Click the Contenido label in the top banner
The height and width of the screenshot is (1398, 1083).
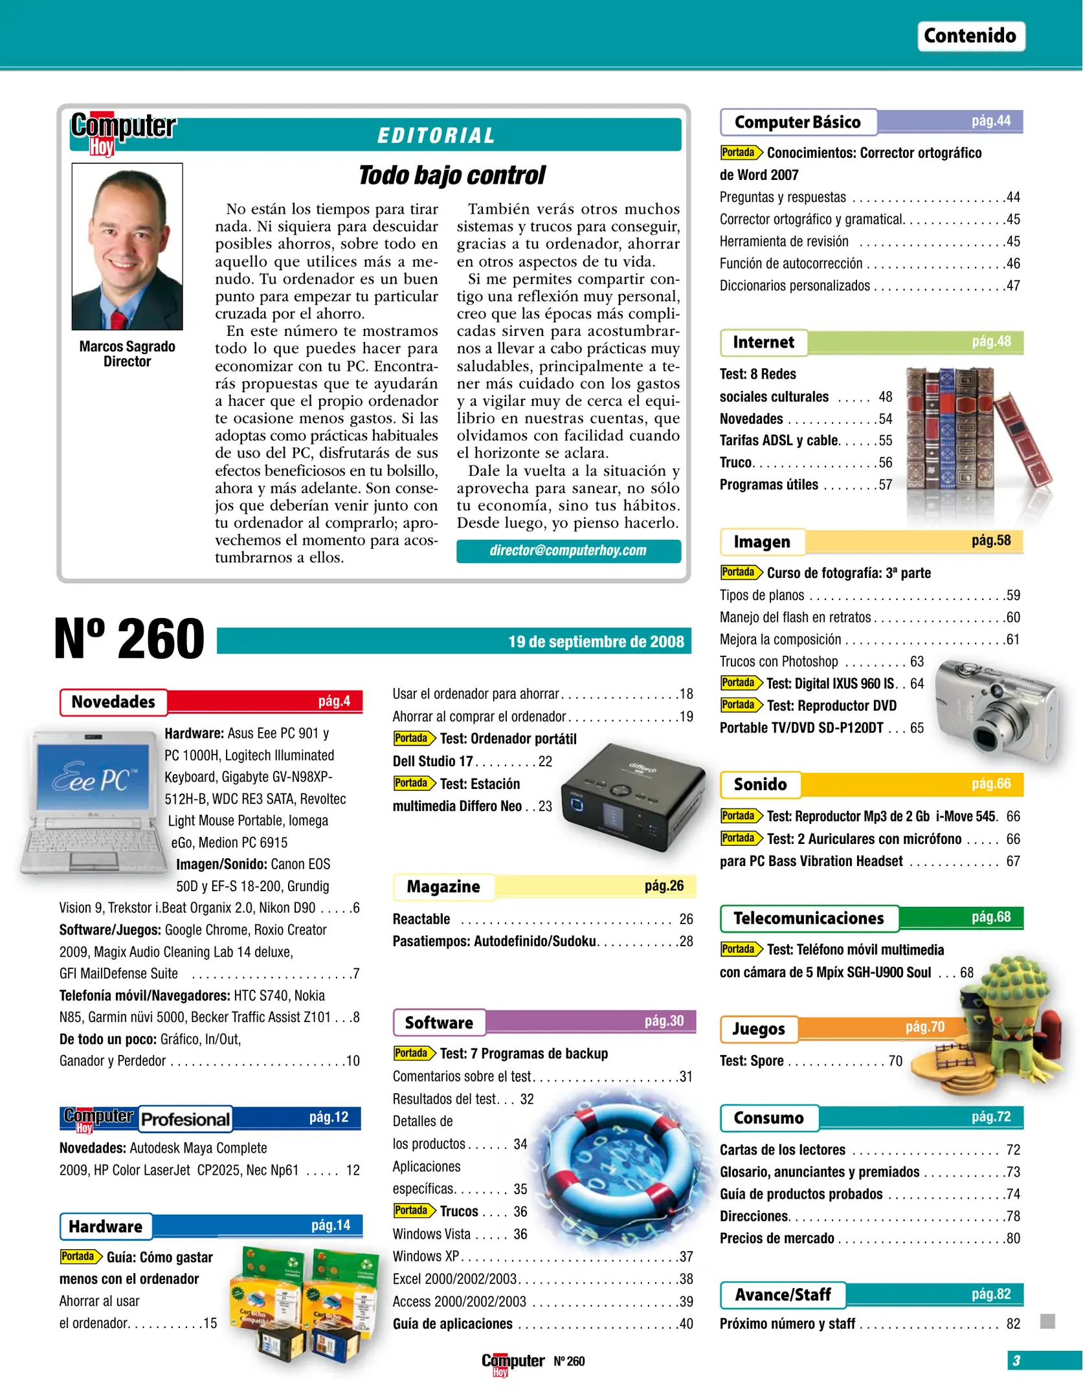[970, 36]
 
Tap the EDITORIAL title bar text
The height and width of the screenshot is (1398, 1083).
[436, 135]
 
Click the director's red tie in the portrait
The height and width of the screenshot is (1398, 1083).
[118, 319]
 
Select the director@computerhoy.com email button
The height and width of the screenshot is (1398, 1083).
[568, 551]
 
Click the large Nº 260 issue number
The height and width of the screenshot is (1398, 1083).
[129, 639]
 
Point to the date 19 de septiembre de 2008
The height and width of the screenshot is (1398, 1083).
[596, 641]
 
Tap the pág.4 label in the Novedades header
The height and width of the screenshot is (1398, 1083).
[334, 701]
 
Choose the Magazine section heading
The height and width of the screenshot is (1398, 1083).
[443, 887]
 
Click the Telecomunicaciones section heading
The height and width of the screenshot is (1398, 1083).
[809, 918]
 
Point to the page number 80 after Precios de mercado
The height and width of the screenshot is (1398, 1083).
[1012, 1238]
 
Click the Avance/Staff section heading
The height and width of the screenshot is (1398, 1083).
[783, 1294]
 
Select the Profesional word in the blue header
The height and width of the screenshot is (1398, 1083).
[185, 1119]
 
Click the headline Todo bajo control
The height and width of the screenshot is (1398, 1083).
[451, 175]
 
